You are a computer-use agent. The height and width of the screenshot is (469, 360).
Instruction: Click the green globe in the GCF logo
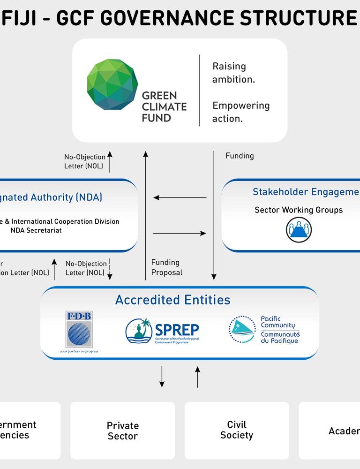point(112,84)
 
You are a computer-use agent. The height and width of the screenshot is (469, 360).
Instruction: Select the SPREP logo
point(162,331)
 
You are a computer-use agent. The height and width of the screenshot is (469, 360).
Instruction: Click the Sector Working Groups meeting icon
point(299,230)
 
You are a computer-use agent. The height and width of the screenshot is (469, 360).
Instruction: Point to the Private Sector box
point(123,431)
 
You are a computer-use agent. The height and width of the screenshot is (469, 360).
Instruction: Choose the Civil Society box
point(237,430)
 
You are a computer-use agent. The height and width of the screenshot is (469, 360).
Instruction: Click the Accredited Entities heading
point(173,300)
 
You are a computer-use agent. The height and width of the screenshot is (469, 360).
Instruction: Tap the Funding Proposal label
point(167,267)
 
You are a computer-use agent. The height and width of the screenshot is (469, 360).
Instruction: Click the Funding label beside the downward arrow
point(240,156)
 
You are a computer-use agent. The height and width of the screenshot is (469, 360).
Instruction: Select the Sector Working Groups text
point(299,210)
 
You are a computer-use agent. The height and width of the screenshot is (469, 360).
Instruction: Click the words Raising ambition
point(234,73)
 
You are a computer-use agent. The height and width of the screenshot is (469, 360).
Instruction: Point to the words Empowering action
point(241,112)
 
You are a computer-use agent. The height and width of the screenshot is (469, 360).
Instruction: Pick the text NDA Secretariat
point(36,230)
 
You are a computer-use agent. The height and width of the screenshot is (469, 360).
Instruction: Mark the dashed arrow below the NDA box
point(110,269)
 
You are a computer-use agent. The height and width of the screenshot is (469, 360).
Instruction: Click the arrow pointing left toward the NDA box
point(180,197)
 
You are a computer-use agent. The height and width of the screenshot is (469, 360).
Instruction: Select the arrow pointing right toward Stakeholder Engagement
point(180,233)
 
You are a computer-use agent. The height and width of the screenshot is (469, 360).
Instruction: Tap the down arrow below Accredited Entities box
point(162,377)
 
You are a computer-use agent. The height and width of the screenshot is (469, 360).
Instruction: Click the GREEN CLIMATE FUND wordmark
point(164,107)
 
